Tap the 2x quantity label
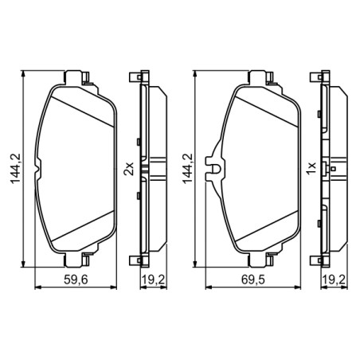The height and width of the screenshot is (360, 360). pyautogui.click(x=127, y=168)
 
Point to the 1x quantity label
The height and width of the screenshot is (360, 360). pyautogui.click(x=310, y=168)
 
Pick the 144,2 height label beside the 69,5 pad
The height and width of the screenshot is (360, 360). pyautogui.click(x=189, y=168)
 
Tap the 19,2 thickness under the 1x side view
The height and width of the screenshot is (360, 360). pyautogui.click(x=333, y=280)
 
